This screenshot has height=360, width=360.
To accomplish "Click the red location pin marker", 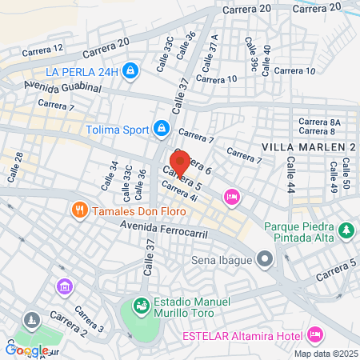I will coord(180,162).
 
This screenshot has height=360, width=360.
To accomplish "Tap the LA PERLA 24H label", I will coord(82,71).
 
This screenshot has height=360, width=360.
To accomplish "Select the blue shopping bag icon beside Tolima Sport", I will coord(162,128).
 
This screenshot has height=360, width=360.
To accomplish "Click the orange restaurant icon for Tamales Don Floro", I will coord(79,210).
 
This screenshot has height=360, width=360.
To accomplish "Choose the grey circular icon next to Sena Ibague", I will coord(266,260).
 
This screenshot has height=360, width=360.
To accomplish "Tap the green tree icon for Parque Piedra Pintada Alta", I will coord(346,231).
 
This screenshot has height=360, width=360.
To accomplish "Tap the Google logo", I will coord(26,350).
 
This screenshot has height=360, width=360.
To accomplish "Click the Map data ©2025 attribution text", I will coord(324,354).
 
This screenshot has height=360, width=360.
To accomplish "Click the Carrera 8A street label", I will coord(319,122).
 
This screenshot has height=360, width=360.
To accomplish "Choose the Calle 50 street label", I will coord(346,174).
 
